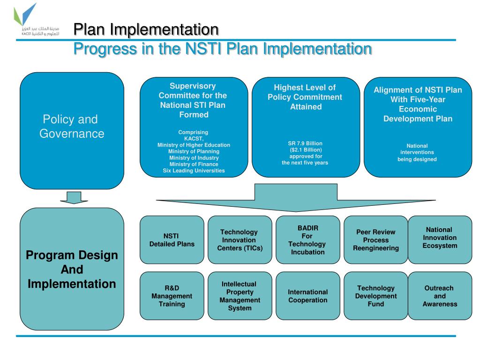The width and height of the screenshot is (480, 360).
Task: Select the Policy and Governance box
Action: click(72, 130)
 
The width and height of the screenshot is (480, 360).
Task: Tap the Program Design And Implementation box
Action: click(72, 269)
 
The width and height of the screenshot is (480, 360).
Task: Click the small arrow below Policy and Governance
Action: click(74, 197)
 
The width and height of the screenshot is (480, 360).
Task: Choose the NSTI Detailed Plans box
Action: click(172, 240)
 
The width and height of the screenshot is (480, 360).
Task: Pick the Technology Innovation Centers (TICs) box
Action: click(240, 240)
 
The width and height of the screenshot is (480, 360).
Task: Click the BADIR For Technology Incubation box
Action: click(307, 240)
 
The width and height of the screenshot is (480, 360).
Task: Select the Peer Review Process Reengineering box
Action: click(376, 240)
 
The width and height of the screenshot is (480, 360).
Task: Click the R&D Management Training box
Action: click(172, 296)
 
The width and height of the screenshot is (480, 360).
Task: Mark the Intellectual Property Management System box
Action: click(240, 296)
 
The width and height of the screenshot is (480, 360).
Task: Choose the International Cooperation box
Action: click(307, 296)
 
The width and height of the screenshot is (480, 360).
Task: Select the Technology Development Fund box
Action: click(376, 296)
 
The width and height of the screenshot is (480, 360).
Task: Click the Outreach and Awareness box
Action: click(440, 296)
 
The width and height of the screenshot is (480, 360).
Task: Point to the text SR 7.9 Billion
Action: click(305, 143)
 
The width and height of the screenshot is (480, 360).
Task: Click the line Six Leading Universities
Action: click(194, 171)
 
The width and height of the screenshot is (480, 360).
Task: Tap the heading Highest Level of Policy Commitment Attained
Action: click(305, 97)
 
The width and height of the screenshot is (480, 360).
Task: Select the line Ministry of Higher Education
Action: click(194, 145)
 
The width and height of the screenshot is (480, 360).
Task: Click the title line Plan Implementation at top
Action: click(146, 30)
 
